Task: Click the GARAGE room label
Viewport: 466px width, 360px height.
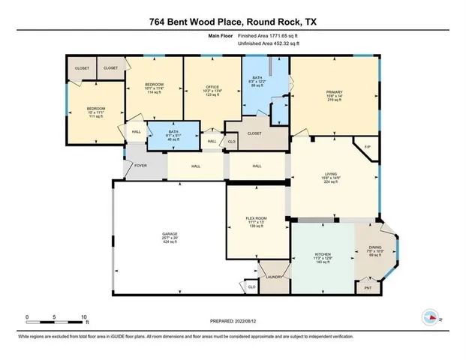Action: coord(170,234)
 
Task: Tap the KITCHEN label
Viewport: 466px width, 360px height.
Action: coord(323,250)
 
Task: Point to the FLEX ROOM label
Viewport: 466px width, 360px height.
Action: coord(257,218)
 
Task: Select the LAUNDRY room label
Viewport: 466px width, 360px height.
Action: coord(274,277)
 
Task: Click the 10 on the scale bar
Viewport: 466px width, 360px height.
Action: coord(83,316)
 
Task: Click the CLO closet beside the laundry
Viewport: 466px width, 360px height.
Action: coord(251,286)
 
